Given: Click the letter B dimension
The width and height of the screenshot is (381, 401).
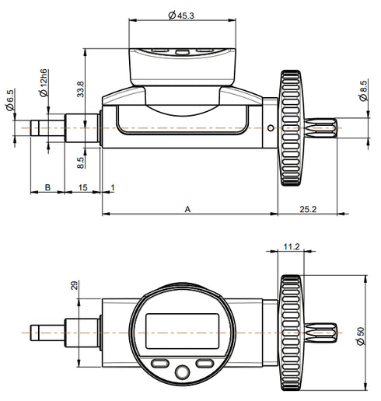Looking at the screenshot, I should coord(47,188).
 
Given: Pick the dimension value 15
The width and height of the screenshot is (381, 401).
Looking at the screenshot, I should coord(83,188).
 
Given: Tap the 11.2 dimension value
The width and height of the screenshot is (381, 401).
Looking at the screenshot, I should coord(291,246).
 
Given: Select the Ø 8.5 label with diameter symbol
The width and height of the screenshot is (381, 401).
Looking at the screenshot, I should coord(364,90).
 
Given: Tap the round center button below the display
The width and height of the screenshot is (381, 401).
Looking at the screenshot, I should coord(182,371).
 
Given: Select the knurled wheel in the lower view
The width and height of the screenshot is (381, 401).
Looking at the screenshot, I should coord(291,332).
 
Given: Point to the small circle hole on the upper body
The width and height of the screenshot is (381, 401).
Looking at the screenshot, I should coord(269,128).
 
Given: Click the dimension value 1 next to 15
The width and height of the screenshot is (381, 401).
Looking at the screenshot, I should coord(113,188).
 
